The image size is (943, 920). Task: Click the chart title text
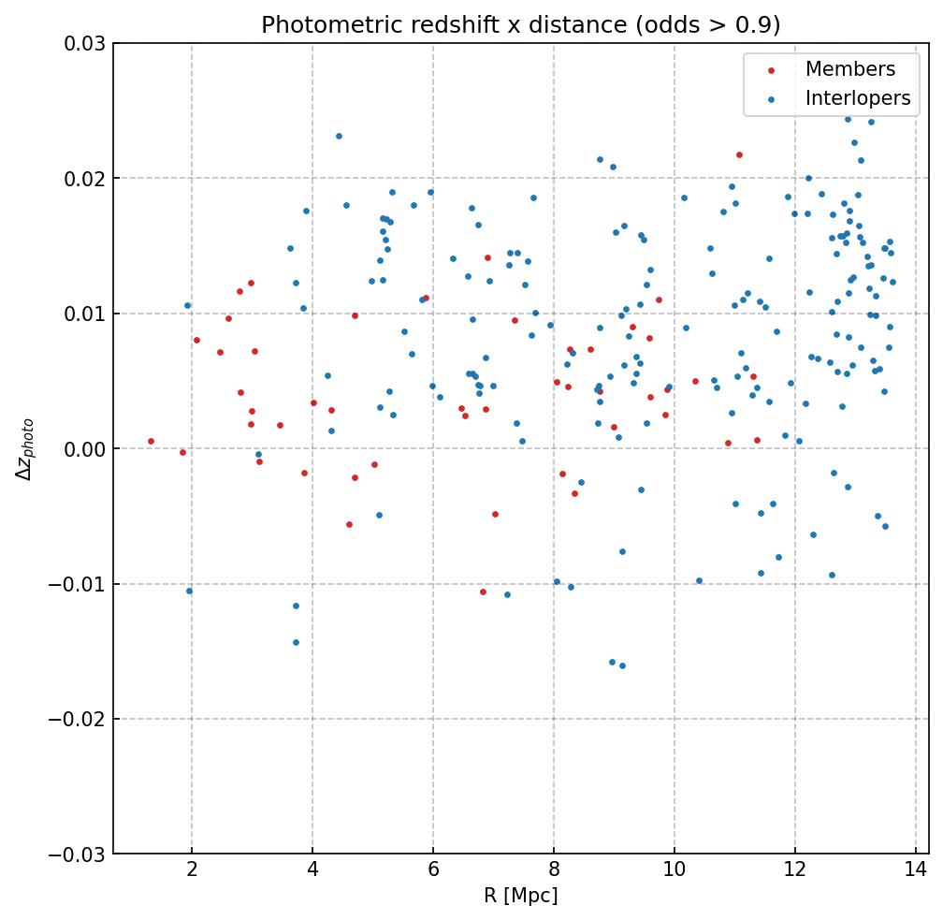click(x=520, y=25)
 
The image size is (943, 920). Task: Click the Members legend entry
click(x=849, y=69)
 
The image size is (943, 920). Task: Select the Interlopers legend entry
click(x=857, y=98)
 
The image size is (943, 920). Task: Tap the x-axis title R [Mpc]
click(x=520, y=896)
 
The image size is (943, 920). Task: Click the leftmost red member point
click(x=151, y=441)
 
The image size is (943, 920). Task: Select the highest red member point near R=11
click(x=739, y=154)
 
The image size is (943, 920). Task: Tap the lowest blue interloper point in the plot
click(x=622, y=665)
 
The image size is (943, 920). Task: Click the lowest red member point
click(x=483, y=591)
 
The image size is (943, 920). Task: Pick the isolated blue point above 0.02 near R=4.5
click(x=339, y=136)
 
